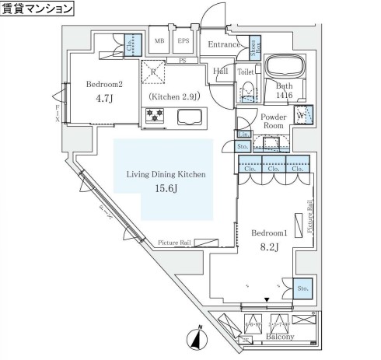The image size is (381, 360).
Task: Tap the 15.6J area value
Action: [x=166, y=189]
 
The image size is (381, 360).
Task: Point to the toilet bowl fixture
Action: [x=246, y=92]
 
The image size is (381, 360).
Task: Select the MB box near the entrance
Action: [x=159, y=41]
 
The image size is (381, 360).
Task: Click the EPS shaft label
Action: [x=184, y=41]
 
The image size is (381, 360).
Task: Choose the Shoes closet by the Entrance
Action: [x=253, y=49]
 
